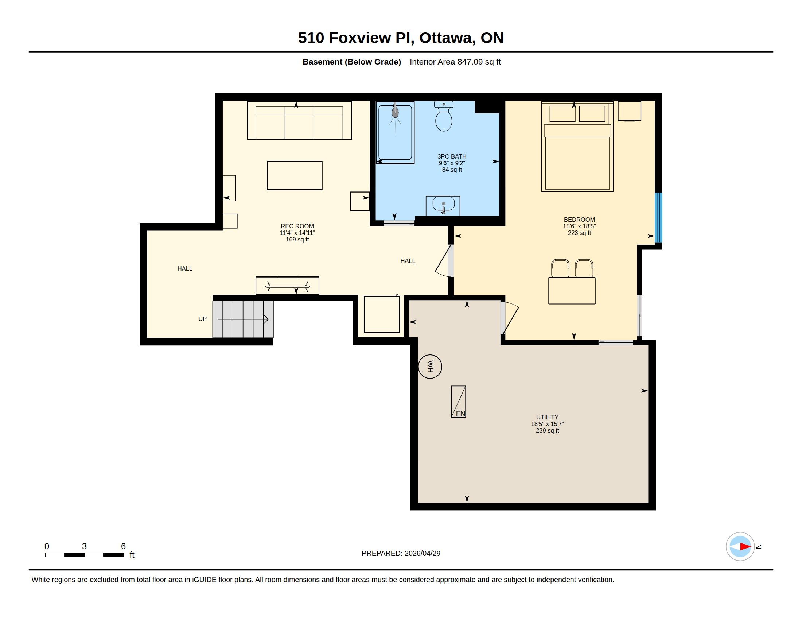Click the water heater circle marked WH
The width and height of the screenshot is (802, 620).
[430, 367]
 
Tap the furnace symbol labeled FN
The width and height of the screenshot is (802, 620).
[458, 402]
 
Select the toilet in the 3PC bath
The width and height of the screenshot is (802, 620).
[444, 116]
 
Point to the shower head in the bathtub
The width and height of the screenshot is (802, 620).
[395, 112]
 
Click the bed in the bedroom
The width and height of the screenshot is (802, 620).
[577, 147]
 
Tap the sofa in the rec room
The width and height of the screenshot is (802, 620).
[300, 120]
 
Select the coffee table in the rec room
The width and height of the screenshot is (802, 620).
[295, 175]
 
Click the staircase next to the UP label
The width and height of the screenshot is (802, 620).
[243, 319]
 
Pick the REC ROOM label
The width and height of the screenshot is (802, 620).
[297, 226]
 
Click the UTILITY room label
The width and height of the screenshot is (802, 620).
[547, 417]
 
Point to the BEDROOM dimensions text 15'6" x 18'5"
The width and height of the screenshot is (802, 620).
[580, 226]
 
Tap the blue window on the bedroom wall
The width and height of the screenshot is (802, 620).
[659, 217]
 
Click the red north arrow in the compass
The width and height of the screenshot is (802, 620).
[745, 547]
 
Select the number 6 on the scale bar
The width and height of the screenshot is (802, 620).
[123, 546]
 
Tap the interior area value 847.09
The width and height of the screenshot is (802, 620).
[470, 62]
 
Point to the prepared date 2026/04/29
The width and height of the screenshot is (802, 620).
[422, 553]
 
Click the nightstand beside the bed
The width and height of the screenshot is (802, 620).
[630, 111]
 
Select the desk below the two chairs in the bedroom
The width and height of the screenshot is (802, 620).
[572, 291]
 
